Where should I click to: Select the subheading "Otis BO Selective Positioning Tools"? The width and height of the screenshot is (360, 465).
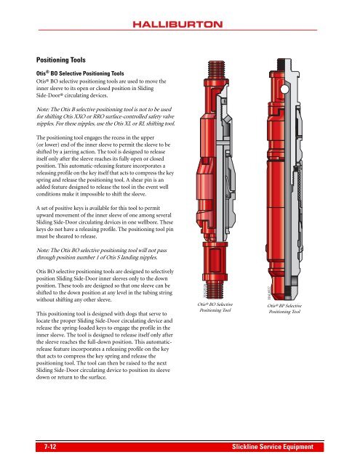[87, 73]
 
